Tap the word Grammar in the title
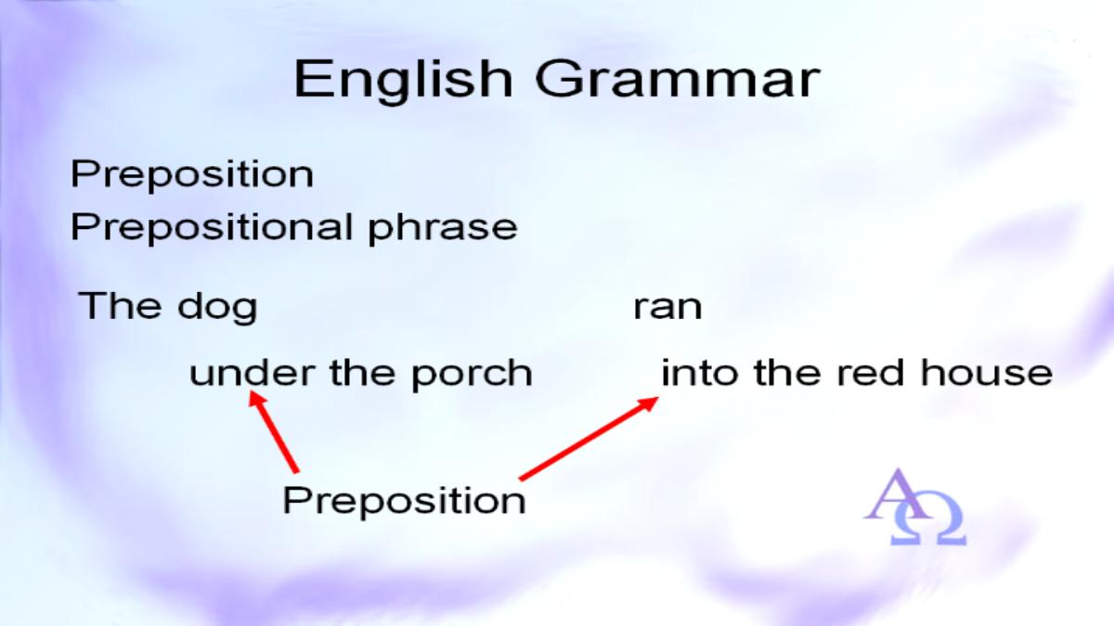pos(678,80)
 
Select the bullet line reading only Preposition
pos(192,175)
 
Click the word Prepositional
pos(212,227)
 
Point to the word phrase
pos(443,228)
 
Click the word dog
pos(217,307)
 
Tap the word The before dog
pos(121,305)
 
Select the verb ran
pos(667,308)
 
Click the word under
pos(253,373)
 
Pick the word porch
pos(472,375)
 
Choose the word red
pos(871,373)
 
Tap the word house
pos(987,373)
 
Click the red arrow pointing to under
pos(274,432)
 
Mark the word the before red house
pos(787,373)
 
